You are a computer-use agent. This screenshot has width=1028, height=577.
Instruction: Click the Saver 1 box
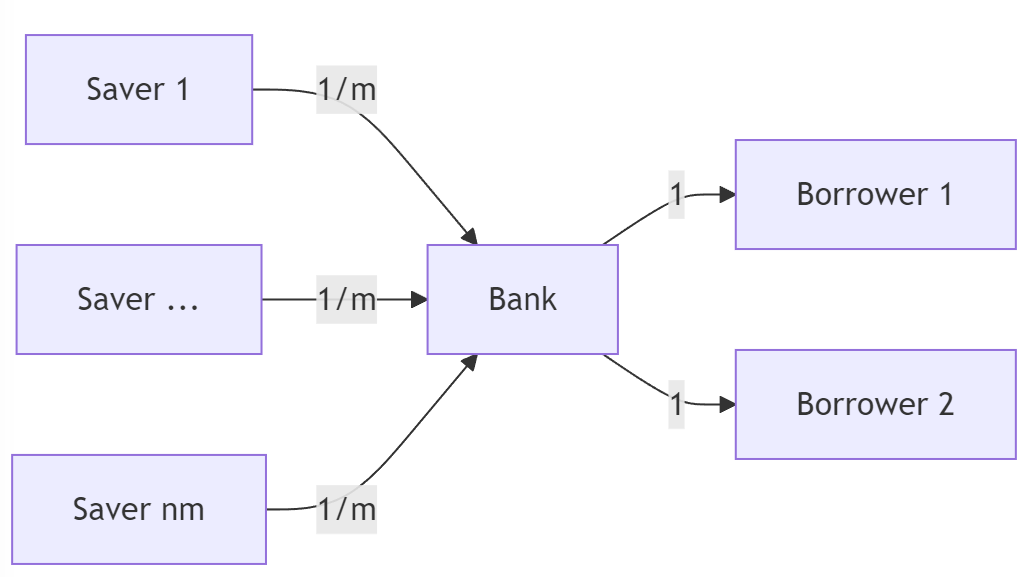point(138,89)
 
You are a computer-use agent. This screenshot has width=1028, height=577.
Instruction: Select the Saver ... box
point(138,299)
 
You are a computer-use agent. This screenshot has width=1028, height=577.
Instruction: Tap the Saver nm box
point(138,509)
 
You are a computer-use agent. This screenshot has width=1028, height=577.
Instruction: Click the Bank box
point(522,299)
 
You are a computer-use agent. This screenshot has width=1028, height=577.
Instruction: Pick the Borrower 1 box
point(875,194)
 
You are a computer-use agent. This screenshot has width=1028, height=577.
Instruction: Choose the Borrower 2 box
point(875,404)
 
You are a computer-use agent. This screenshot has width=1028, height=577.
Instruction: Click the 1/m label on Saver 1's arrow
point(346,90)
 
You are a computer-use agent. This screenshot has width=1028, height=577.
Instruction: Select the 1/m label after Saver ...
point(346,299)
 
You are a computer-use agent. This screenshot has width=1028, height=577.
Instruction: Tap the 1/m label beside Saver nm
point(346,509)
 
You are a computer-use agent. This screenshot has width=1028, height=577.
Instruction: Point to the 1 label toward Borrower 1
point(677,194)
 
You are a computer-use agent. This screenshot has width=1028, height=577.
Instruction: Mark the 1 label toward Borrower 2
point(677,404)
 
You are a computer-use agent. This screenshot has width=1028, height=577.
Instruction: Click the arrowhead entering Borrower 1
point(727,194)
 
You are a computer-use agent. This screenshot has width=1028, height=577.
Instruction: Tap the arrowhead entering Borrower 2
point(727,404)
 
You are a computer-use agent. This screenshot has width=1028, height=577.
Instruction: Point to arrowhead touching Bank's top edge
point(469,237)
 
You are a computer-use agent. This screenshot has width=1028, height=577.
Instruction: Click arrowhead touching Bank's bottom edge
point(469,361)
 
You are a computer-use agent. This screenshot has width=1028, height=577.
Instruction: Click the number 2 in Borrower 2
point(943,404)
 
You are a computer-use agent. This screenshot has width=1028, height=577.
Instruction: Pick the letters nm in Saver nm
point(183,509)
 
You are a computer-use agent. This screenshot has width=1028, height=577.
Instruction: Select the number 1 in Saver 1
point(181,89)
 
